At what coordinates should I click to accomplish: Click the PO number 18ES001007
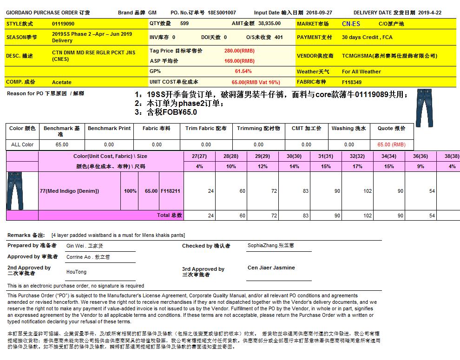tap(222, 13)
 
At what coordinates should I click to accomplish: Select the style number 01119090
tap(63, 23)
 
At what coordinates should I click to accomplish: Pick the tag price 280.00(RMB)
tap(239, 50)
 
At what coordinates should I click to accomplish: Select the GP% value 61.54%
tap(243, 71)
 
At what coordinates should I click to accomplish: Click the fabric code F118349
tap(352, 82)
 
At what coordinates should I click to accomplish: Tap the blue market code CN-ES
tap(351, 24)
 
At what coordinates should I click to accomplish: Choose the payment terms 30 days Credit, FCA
tap(367, 37)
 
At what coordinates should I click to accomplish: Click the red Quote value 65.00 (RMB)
tap(391, 144)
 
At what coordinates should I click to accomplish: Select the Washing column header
tap(348, 128)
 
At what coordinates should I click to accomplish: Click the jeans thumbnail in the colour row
tap(14, 190)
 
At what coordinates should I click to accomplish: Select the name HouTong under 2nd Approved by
tap(76, 272)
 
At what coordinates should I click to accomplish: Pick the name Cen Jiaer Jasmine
tap(271, 268)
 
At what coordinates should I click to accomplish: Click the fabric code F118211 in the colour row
tap(171, 191)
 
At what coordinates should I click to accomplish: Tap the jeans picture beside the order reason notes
tap(424, 107)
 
